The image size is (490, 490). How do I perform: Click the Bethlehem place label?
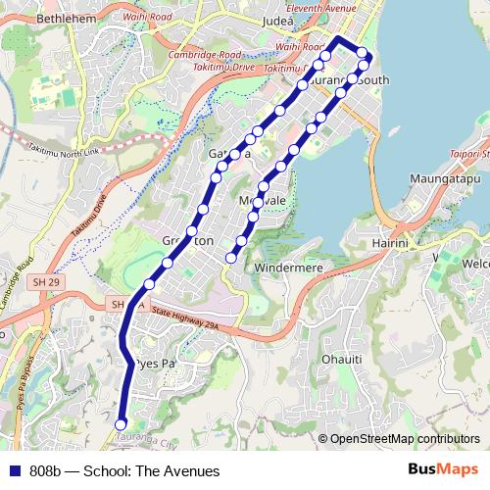pos(39,19)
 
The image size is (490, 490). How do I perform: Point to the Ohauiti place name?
pos(343,359)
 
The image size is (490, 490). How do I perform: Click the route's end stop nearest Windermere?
pos(232,258)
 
